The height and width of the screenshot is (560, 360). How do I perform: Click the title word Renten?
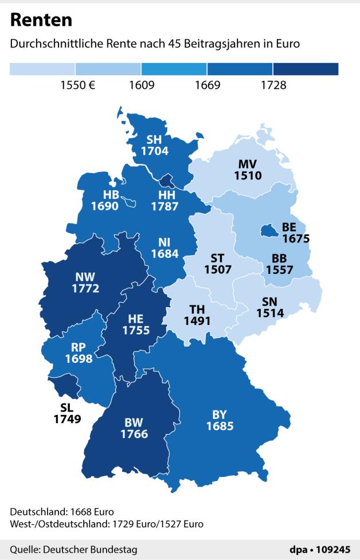point(41,21)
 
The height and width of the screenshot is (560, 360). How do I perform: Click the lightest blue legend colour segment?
point(42,69)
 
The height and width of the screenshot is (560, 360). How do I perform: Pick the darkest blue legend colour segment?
point(306,69)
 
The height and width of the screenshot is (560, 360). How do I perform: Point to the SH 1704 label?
point(154,146)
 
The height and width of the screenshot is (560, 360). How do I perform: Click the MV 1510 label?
point(248,171)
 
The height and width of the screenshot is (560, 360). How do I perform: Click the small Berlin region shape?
point(267,230)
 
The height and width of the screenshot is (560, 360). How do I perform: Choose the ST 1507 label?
point(217,263)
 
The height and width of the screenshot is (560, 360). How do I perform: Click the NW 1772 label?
point(85,283)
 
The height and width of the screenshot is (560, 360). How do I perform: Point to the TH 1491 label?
point(198,315)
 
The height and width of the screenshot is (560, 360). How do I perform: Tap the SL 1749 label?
point(67,413)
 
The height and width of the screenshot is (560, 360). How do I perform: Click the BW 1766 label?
point(134,428)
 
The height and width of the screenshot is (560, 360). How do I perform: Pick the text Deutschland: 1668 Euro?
point(62,511)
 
